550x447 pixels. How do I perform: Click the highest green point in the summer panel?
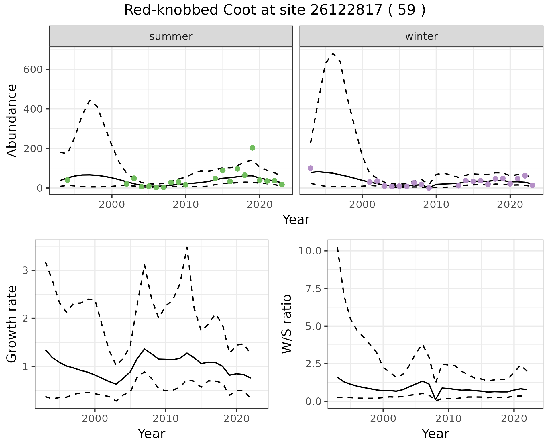(x=252, y=148)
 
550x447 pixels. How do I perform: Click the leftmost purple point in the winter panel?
(x=311, y=168)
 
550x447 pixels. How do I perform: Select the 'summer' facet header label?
(x=171, y=36)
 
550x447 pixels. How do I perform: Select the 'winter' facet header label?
(x=421, y=36)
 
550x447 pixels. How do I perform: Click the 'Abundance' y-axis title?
(x=12, y=120)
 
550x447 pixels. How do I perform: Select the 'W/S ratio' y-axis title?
(x=287, y=324)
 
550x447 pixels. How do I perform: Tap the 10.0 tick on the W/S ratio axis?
(x=311, y=251)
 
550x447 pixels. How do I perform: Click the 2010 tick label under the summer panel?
(x=186, y=205)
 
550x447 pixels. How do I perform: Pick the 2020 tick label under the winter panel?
(x=510, y=205)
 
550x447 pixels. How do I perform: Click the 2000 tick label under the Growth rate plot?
(x=95, y=419)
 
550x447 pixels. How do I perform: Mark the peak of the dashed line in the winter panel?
(x=333, y=53)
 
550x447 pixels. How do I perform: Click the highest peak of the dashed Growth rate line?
(x=187, y=247)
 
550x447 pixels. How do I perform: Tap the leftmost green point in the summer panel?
(x=68, y=180)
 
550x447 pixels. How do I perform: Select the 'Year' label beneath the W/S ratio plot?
(x=435, y=434)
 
